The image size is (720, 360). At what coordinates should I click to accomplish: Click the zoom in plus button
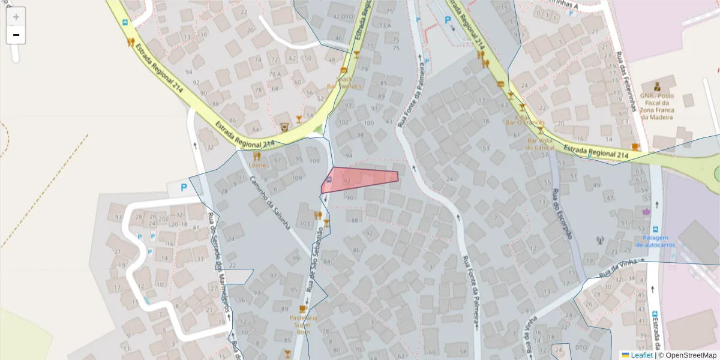coord(16,17)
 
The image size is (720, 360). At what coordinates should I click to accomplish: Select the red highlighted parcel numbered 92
coord(360,179)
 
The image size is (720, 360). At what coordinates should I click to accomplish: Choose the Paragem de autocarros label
coord(656,241)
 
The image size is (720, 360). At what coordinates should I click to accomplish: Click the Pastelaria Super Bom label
coord(303,321)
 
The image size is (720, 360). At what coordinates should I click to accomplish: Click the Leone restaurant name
coord(257,164)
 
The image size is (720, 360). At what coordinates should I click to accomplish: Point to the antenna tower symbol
coord(599,241)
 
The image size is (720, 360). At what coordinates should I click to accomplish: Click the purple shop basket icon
coord(646,211)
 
